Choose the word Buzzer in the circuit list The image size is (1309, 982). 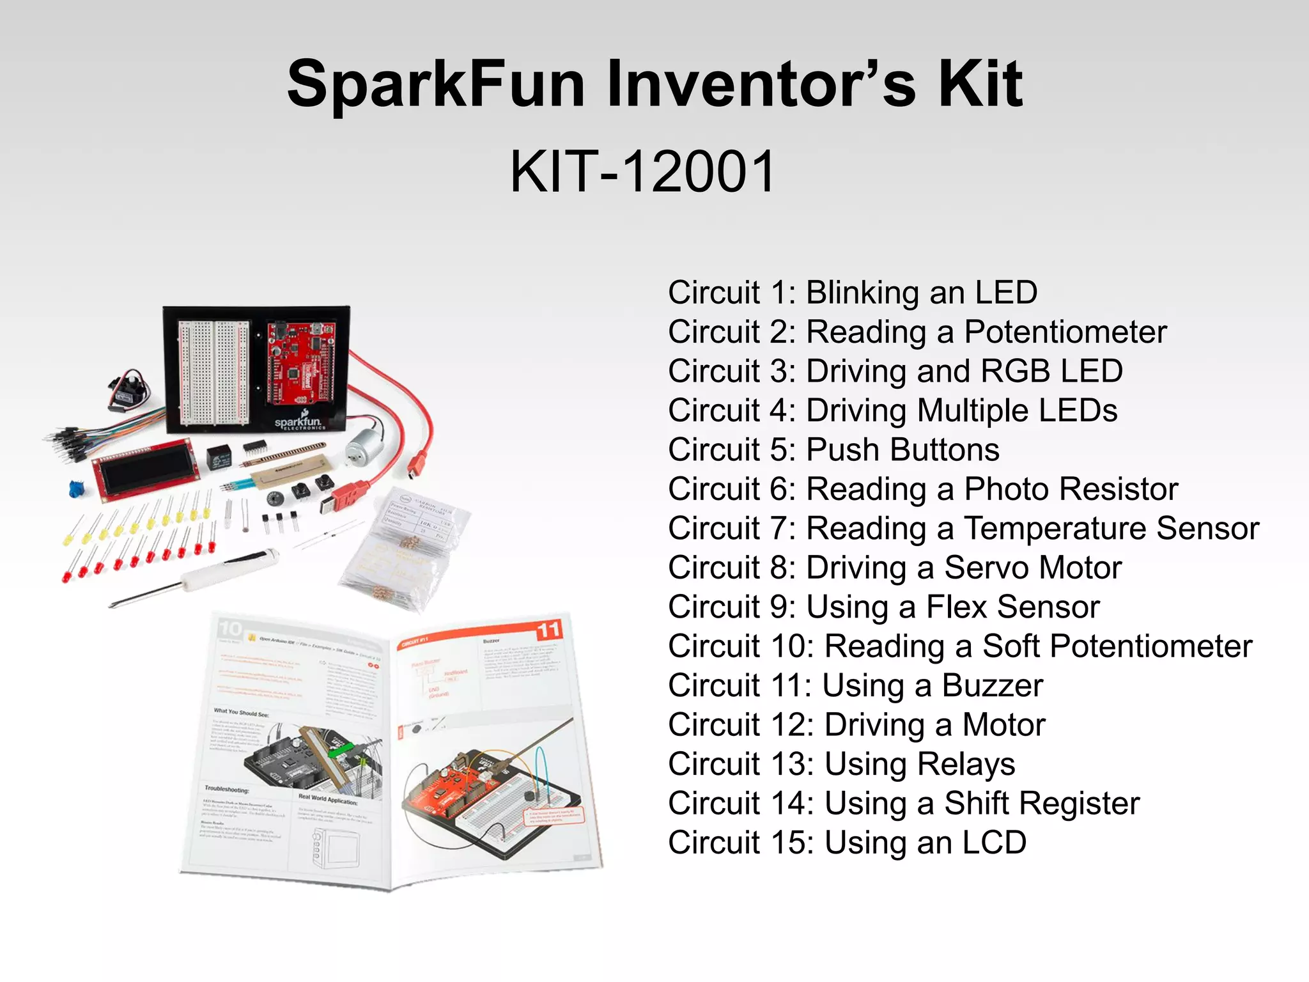pyautogui.click(x=993, y=686)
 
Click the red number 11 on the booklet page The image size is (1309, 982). pyautogui.click(x=548, y=630)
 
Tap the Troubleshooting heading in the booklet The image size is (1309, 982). pyautogui.click(x=226, y=788)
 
